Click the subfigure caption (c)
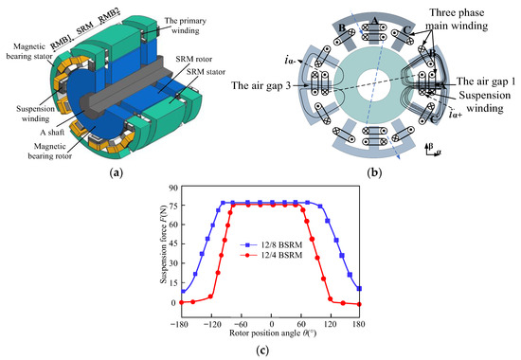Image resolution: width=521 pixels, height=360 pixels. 261,351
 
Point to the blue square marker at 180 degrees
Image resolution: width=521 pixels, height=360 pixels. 361,288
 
